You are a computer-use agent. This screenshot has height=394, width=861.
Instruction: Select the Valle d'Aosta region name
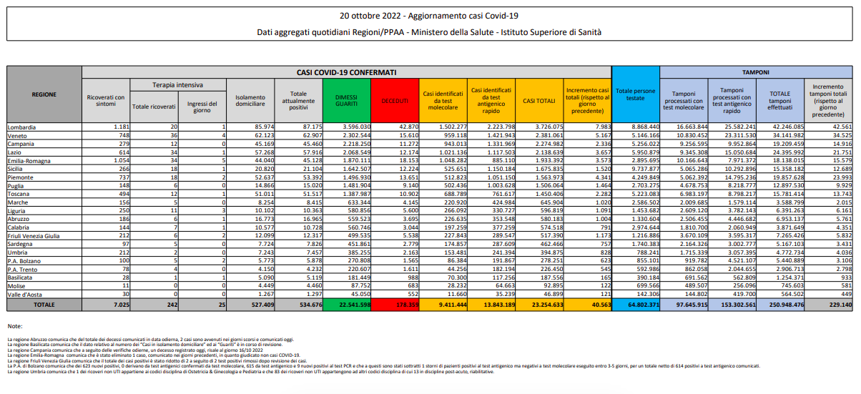click(x=24, y=293)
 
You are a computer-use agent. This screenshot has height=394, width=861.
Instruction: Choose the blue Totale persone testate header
click(x=635, y=96)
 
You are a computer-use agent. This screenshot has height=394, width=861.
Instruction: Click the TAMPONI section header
click(x=756, y=72)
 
